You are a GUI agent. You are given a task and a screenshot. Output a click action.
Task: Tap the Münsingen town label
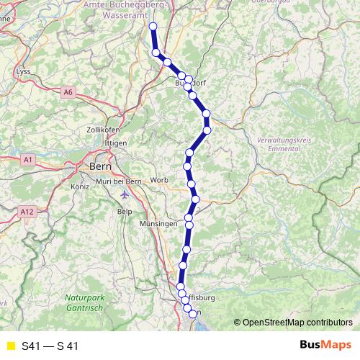coord(158,225)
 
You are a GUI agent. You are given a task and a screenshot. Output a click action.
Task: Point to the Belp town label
coord(125,212)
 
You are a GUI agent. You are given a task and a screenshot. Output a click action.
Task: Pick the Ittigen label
coord(115,143)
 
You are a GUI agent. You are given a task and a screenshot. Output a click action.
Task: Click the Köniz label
coord(79,186)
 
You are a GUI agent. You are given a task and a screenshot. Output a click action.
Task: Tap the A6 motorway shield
coord(68,91)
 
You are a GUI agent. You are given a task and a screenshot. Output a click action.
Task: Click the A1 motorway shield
coord(27,158)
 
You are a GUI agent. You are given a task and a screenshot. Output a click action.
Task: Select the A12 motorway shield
coord(27,211)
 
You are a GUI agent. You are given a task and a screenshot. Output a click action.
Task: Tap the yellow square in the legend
coord(9,346)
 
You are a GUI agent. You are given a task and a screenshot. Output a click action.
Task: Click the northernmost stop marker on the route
coord(153,27)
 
